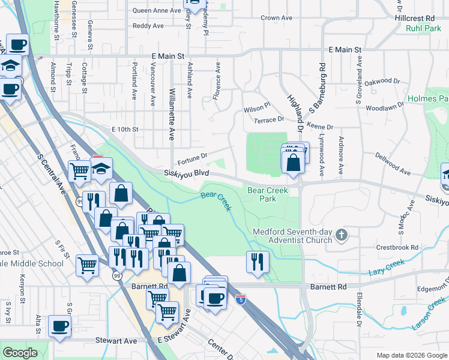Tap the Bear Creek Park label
(x=268, y=194)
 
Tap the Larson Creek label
(x=428, y=317)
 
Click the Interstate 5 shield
(x=241, y=298)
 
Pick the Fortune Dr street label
(x=192, y=158)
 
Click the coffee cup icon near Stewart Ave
(x=59, y=326)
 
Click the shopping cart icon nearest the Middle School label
(x=87, y=264)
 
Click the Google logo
(x=20, y=353)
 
